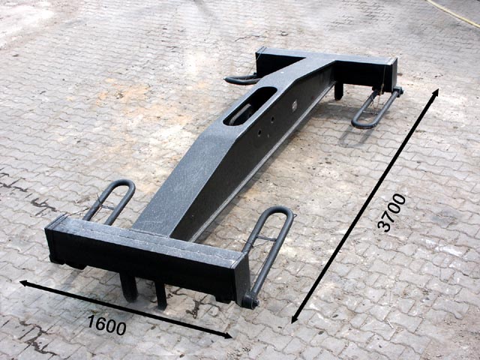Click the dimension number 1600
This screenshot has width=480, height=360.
[106, 325]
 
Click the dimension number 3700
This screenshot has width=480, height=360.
[391, 212]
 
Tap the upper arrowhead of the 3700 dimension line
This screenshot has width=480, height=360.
[436, 92]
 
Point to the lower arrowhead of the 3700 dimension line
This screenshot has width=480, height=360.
[294, 318]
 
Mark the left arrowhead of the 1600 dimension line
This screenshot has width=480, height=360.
[25, 283]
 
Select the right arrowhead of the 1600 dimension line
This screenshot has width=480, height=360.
[227, 336]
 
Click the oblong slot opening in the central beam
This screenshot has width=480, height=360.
[250, 106]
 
